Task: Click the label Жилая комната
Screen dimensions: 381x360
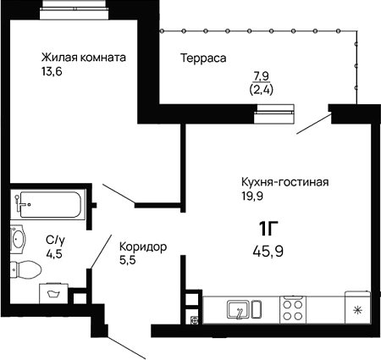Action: point(84,58)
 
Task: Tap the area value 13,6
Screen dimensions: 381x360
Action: point(52,72)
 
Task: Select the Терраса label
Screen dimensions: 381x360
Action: point(203,58)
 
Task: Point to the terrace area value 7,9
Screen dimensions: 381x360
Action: point(262,76)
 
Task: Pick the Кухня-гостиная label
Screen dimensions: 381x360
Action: point(285,182)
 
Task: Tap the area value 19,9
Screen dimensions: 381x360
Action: point(252,196)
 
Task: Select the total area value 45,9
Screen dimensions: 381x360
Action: point(268,251)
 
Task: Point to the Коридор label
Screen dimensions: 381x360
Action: point(143,247)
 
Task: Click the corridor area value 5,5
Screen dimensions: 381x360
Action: point(128,260)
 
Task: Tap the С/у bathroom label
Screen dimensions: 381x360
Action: point(55,241)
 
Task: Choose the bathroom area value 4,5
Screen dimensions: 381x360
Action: point(54,254)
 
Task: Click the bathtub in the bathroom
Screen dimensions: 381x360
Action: point(47,205)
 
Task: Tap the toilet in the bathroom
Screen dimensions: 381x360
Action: point(26,269)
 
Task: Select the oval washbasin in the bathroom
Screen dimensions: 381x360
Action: point(19,240)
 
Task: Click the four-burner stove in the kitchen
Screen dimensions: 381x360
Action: point(293,310)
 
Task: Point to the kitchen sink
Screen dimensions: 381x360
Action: point(245,310)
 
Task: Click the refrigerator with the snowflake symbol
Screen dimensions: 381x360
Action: point(357,307)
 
